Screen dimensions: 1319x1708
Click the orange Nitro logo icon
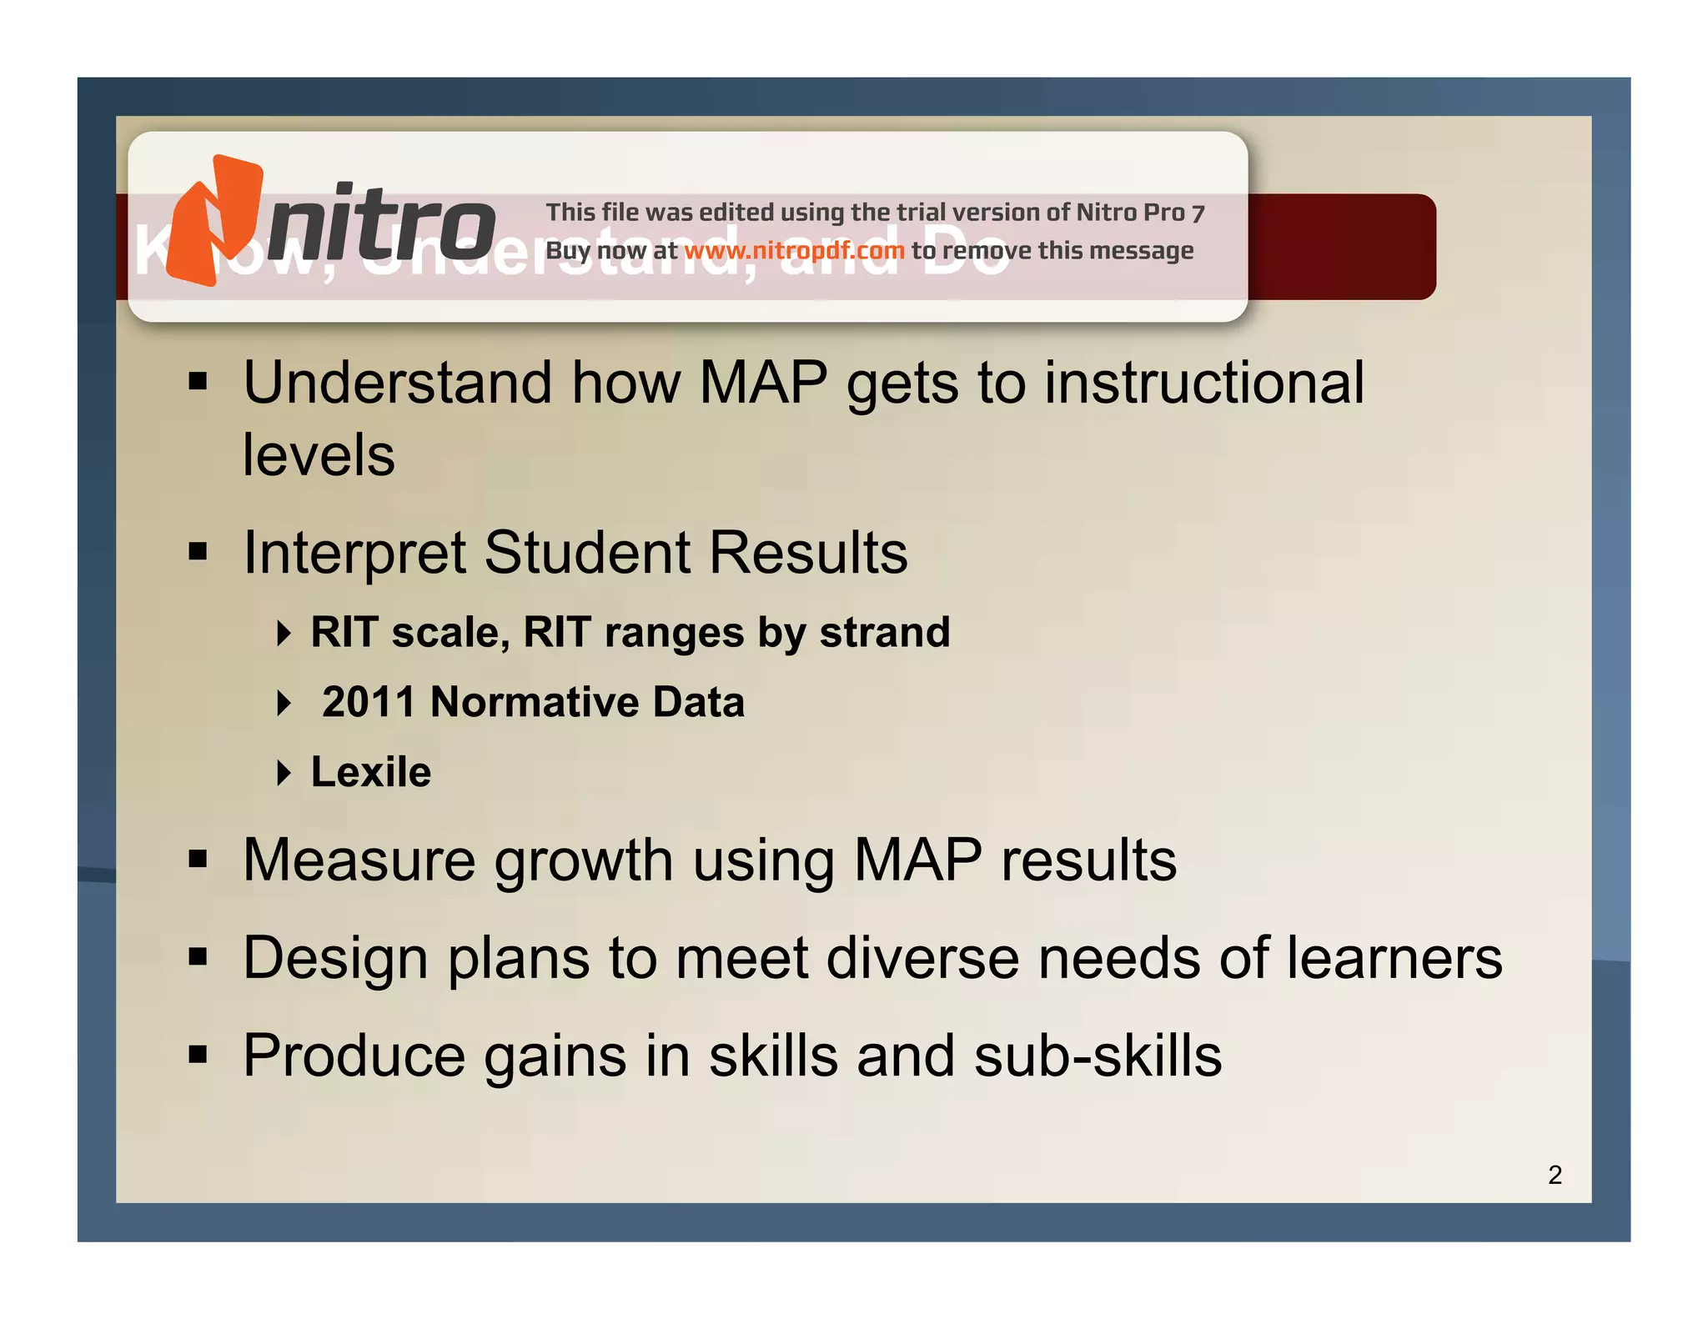click(214, 221)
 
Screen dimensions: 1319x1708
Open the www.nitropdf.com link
click(794, 250)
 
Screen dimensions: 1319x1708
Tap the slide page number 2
click(1555, 1175)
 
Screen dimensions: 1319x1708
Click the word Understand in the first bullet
click(398, 383)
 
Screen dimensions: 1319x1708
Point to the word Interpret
click(354, 554)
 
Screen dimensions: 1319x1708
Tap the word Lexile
click(371, 772)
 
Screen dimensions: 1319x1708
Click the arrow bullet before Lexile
click(284, 773)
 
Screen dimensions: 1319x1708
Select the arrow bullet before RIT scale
click(284, 633)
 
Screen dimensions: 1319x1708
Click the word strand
click(885, 632)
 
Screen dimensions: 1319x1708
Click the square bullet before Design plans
click(198, 956)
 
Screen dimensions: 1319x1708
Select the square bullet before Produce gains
click(198, 1054)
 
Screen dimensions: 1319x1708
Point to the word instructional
click(1204, 383)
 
